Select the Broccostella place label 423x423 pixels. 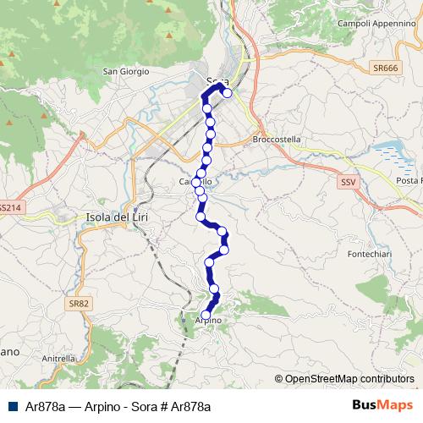click(x=277, y=140)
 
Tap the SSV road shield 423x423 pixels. click(x=348, y=182)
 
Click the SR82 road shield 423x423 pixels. click(x=80, y=303)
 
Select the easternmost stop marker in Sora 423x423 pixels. click(x=227, y=93)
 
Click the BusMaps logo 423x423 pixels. click(x=382, y=406)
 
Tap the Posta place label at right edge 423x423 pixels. click(x=409, y=181)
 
